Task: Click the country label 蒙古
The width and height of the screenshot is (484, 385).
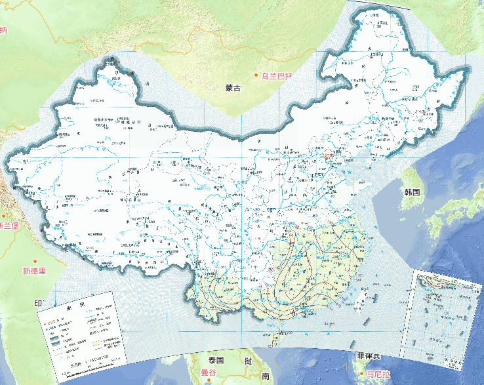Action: (233, 87)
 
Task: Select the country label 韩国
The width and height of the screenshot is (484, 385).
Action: (412, 192)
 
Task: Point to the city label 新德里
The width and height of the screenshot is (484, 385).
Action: (34, 270)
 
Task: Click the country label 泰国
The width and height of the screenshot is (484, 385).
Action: (216, 361)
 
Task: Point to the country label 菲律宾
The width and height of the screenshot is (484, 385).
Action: (369, 356)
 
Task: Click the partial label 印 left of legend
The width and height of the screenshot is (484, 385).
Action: (38, 304)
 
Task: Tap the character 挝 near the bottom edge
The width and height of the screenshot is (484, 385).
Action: (248, 361)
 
